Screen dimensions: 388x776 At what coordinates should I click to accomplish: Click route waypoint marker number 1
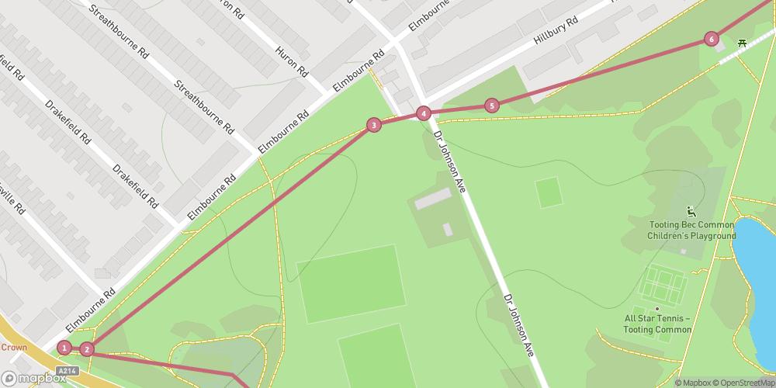pyautogui.click(x=64, y=348)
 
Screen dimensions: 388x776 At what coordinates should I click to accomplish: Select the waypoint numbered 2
pyautogui.click(x=87, y=349)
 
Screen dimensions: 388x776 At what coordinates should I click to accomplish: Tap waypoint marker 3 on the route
pyautogui.click(x=374, y=125)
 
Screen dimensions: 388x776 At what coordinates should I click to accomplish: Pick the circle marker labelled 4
pyautogui.click(x=423, y=113)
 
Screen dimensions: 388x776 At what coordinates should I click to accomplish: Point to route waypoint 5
pyautogui.click(x=491, y=106)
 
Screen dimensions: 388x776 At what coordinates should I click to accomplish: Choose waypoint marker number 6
pyautogui.click(x=711, y=39)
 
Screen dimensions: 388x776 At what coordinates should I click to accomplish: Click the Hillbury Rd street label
pyautogui.click(x=556, y=33)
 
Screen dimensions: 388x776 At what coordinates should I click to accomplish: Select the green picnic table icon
pyautogui.click(x=743, y=43)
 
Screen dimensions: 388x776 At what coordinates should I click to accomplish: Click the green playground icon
pyautogui.click(x=691, y=211)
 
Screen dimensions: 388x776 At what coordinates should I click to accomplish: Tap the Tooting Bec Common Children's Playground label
pyautogui.click(x=692, y=230)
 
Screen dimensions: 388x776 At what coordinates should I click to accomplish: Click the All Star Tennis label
pyautogui.click(x=658, y=324)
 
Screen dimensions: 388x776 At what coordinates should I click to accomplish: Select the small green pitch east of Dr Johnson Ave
pyautogui.click(x=549, y=192)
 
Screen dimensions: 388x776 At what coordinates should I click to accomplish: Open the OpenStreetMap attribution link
pyautogui.click(x=740, y=382)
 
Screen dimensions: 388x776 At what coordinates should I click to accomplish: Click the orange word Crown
pyautogui.click(x=13, y=348)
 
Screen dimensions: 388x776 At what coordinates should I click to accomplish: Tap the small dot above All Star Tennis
pyautogui.click(x=657, y=308)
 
